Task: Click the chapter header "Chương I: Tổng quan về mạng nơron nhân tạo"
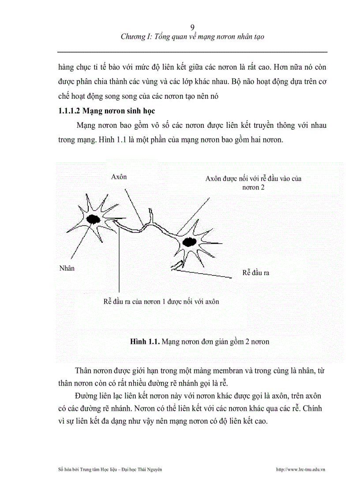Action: (x=192, y=37)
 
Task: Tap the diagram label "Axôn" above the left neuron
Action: (x=119, y=177)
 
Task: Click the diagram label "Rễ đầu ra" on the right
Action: (x=255, y=273)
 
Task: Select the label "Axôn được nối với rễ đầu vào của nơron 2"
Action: (x=253, y=182)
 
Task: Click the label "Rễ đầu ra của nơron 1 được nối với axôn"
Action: (x=161, y=301)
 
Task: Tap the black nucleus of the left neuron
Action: (x=93, y=219)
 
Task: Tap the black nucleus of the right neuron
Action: (x=189, y=242)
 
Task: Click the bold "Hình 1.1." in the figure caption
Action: (x=145, y=342)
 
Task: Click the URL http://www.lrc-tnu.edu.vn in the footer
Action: (x=300, y=470)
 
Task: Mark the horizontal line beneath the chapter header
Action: (x=192, y=52)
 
